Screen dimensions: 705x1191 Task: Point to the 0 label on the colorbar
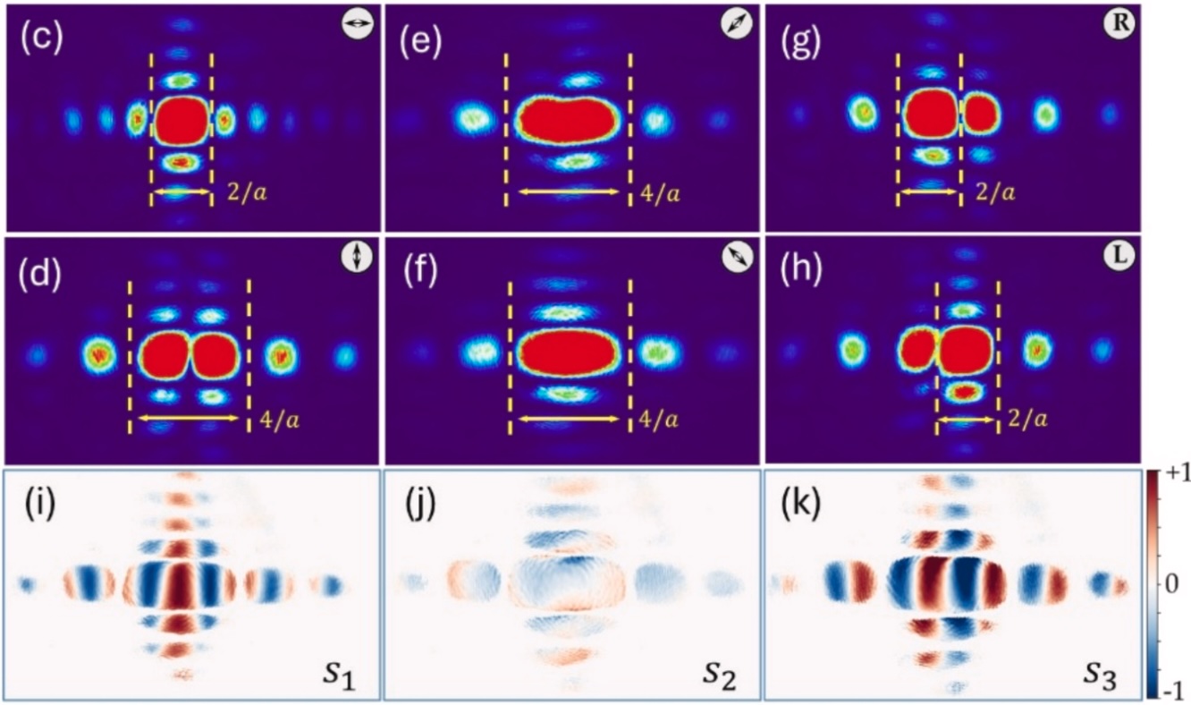[1173, 582]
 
